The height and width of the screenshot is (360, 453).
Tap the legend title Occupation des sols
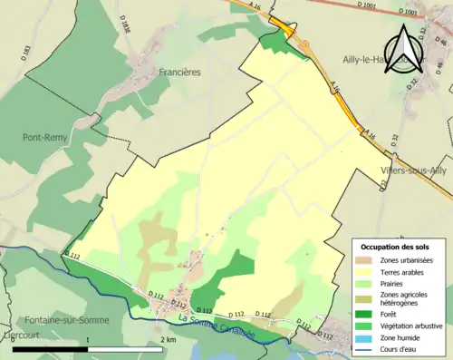coord(395,248)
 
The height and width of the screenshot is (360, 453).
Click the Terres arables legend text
coord(408,271)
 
